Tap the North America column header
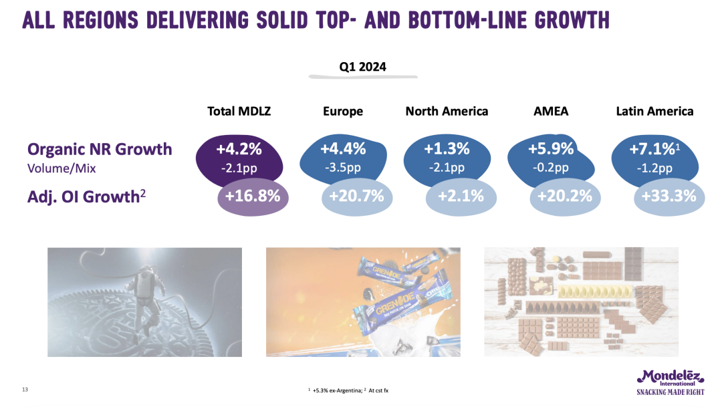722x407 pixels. point(447,112)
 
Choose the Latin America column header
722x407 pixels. point(654,112)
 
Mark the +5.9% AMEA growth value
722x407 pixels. point(551,148)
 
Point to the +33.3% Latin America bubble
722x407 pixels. point(669,196)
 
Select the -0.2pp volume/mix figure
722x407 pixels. point(551,167)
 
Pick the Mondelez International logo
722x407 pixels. point(670,382)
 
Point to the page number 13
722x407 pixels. point(25,390)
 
